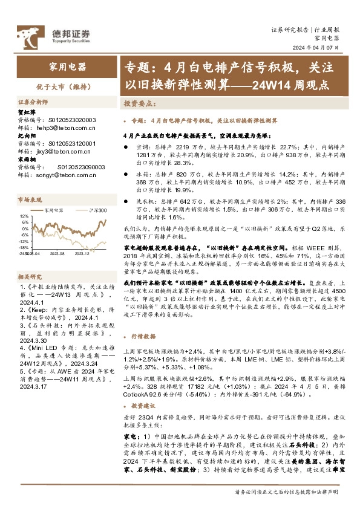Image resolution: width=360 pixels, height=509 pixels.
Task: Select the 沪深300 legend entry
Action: (x=96, y=210)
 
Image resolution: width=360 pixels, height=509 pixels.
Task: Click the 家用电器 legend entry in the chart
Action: (x=54, y=210)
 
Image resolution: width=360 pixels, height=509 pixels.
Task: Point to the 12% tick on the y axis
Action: (x=23, y=216)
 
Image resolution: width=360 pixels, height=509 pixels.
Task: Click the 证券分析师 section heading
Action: (x=33, y=102)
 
